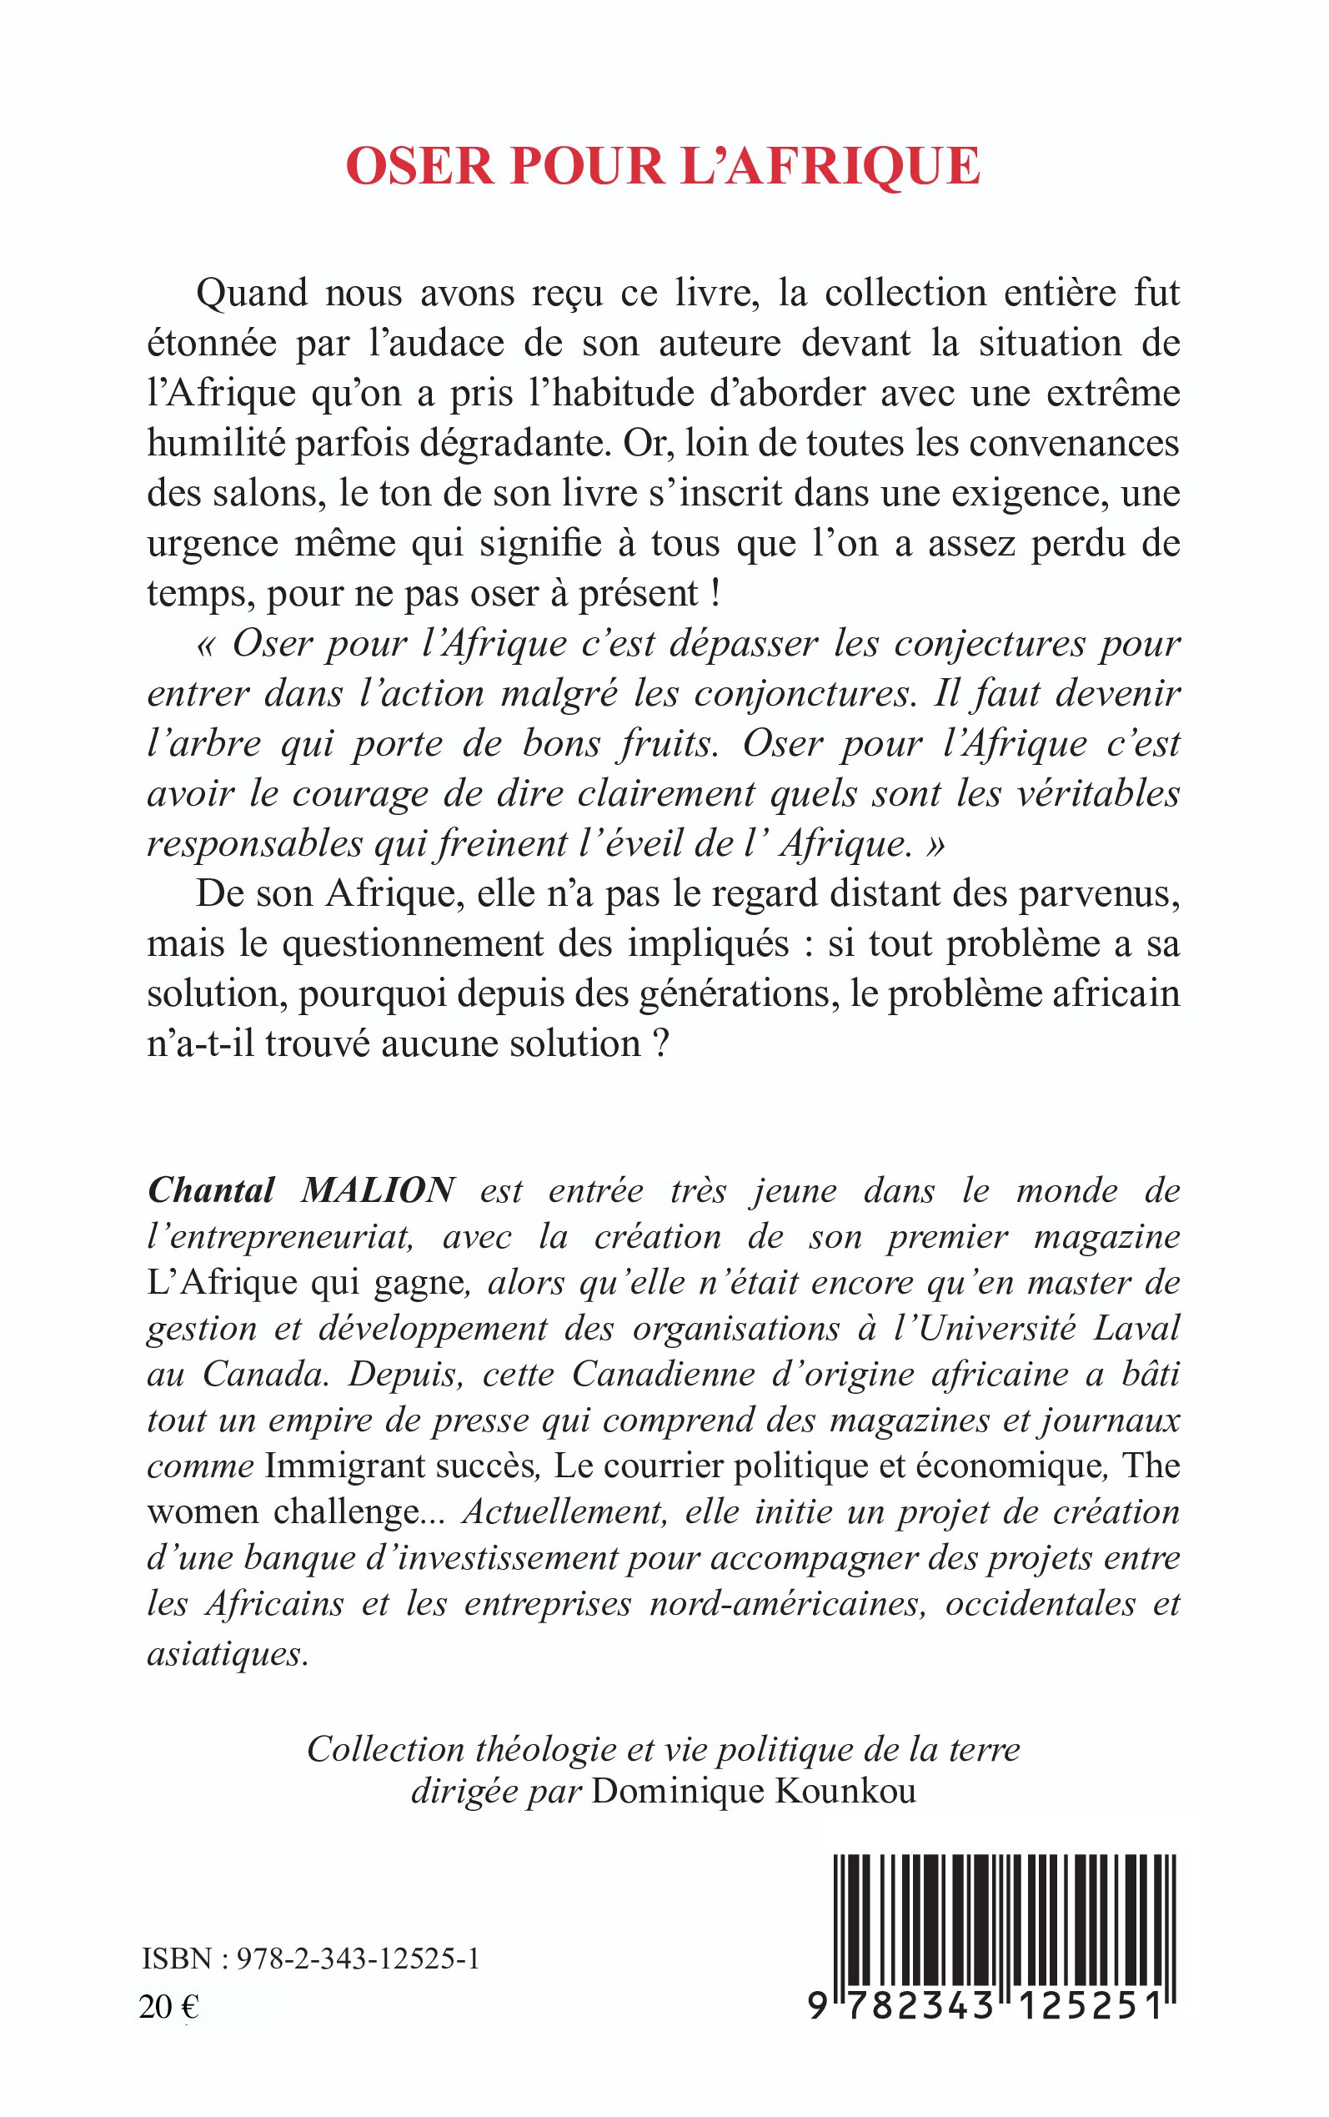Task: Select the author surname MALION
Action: click(378, 1190)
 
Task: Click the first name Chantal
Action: click(211, 1190)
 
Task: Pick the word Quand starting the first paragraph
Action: click(252, 294)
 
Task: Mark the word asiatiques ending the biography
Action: click(227, 1654)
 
